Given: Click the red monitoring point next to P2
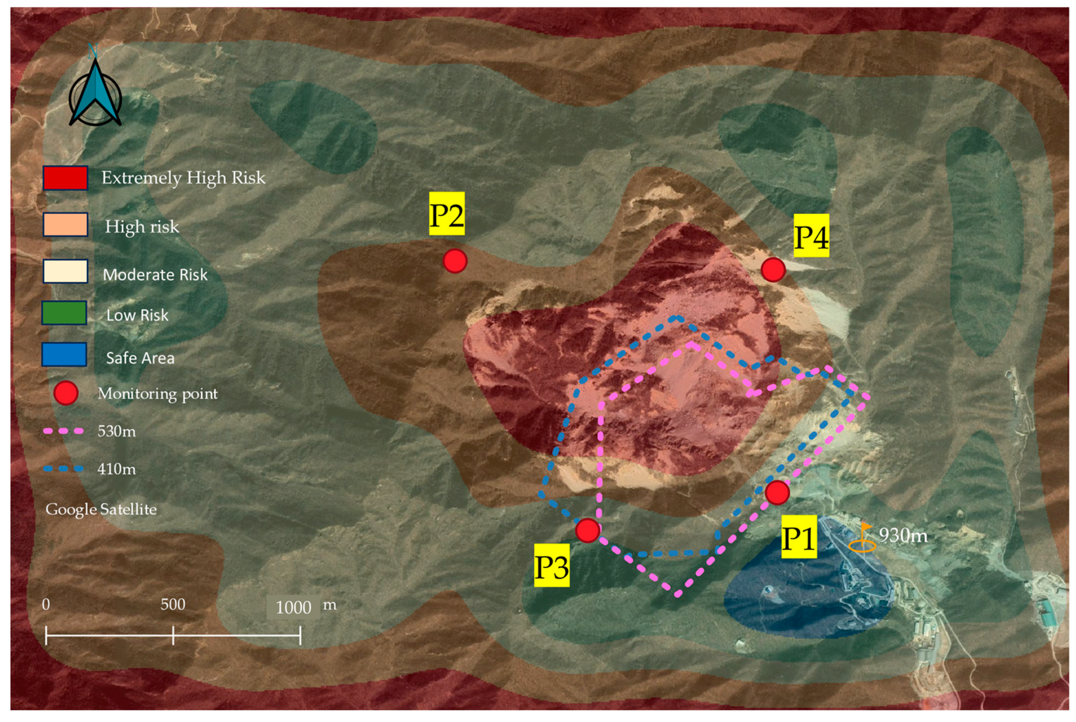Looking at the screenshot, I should (x=455, y=261).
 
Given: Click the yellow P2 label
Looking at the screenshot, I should (x=447, y=214).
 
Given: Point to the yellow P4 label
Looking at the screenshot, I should (x=811, y=236).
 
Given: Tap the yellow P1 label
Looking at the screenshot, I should (x=799, y=537).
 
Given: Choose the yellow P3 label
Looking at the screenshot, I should (x=552, y=566).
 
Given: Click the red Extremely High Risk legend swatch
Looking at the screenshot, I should (x=65, y=178).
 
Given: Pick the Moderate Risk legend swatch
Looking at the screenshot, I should (x=65, y=271).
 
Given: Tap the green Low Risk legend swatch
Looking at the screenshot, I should (x=65, y=313).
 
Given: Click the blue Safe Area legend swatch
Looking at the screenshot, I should (x=65, y=354).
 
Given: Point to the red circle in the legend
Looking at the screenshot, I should (x=66, y=394).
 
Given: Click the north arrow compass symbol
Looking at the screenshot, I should (x=95, y=95).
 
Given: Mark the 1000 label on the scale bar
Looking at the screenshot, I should (x=293, y=608).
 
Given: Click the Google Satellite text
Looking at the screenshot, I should (x=101, y=509).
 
